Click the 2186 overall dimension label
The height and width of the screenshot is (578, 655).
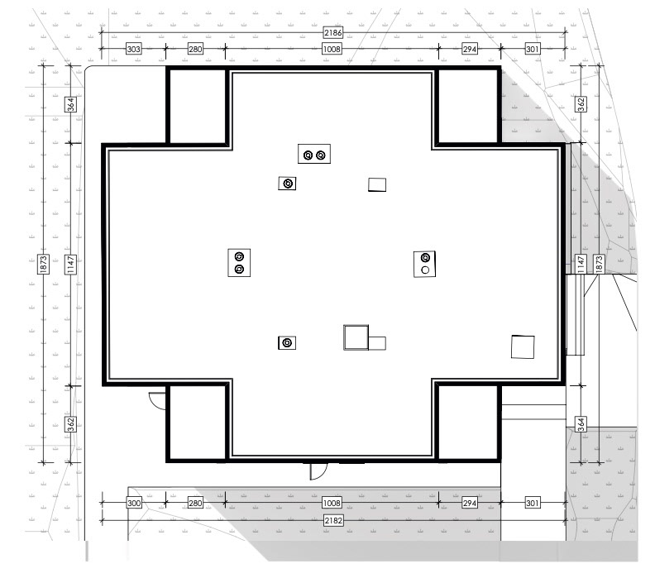(x=333, y=32)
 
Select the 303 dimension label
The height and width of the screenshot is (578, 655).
(x=133, y=49)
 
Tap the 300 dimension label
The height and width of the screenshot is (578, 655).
(x=134, y=503)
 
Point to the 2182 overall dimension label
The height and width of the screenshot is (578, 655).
(x=333, y=520)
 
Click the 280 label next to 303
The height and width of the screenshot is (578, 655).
(x=195, y=49)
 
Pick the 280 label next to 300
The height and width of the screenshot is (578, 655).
(x=195, y=503)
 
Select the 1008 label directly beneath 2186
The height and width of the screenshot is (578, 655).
(x=332, y=49)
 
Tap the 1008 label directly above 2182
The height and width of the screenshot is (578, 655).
(x=332, y=503)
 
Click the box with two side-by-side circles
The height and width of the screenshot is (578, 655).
(x=314, y=154)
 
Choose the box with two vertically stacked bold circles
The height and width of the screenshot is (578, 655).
(x=239, y=263)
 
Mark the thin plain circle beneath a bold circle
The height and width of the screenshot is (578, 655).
(x=425, y=270)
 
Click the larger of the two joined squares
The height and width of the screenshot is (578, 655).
(x=356, y=337)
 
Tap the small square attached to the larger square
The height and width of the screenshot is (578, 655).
(x=377, y=343)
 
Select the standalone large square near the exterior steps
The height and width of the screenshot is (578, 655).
(x=523, y=346)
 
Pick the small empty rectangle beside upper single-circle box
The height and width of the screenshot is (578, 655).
(x=377, y=184)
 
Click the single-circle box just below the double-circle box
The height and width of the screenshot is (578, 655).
(x=288, y=184)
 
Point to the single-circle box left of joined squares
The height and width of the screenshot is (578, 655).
(x=287, y=343)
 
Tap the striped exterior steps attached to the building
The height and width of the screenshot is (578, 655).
(x=576, y=314)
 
